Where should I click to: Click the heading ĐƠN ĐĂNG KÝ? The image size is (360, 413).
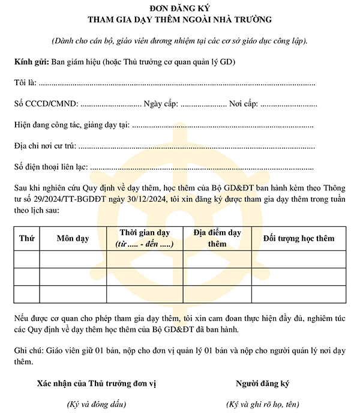(179, 8)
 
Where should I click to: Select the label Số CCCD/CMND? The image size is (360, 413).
(46, 104)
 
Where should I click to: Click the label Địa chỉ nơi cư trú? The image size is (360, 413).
(45, 145)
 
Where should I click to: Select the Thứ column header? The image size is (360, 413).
(26, 238)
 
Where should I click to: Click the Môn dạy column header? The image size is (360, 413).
(73, 238)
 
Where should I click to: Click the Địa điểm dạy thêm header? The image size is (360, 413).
(217, 238)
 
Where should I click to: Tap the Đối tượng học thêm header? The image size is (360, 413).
(298, 238)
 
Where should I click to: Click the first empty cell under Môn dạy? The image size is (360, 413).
(73, 259)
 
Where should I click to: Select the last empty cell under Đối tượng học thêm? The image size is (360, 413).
(298, 294)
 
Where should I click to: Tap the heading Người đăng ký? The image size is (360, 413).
(263, 384)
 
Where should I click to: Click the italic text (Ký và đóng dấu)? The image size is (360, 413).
(97, 404)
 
